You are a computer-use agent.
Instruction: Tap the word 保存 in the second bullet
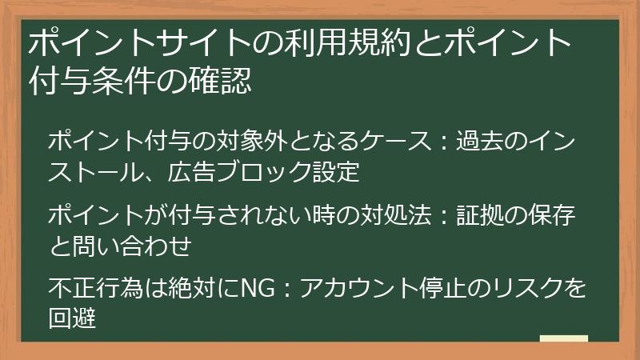point(551,216)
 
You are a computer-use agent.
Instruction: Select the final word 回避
point(72,318)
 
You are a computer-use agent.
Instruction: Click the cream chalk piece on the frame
point(563,339)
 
